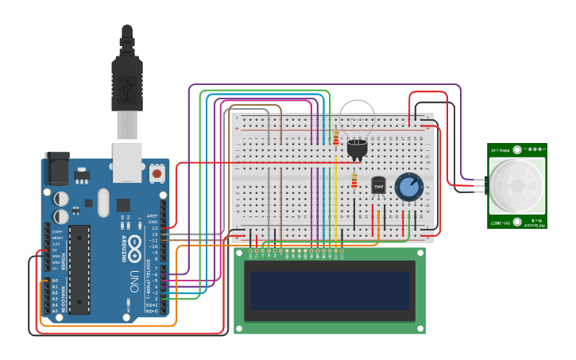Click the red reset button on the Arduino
coord(157,172)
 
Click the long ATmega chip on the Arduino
coord(79,269)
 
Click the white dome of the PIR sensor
coord(516,185)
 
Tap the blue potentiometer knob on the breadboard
coord(408,187)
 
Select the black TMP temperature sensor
coord(378,185)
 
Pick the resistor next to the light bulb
coord(336,140)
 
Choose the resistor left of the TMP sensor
coord(354,182)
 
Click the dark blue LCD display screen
coord(329,290)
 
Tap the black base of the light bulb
coord(357,149)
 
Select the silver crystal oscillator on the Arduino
coord(103,202)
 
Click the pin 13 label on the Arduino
coord(155,228)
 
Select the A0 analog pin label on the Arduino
coord(55,281)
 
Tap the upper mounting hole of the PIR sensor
coord(516,149)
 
